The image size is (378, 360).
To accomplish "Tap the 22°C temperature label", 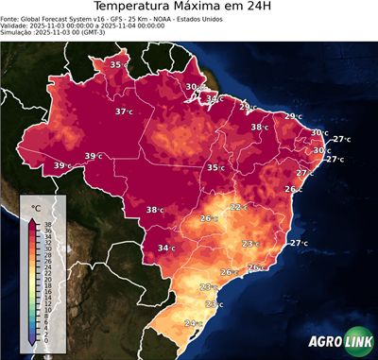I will pos(238,207).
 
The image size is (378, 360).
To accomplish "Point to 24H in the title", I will pos(266,9).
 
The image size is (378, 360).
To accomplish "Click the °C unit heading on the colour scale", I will pos(36,207).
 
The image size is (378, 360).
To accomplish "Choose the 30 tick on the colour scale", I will pos(46,249).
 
